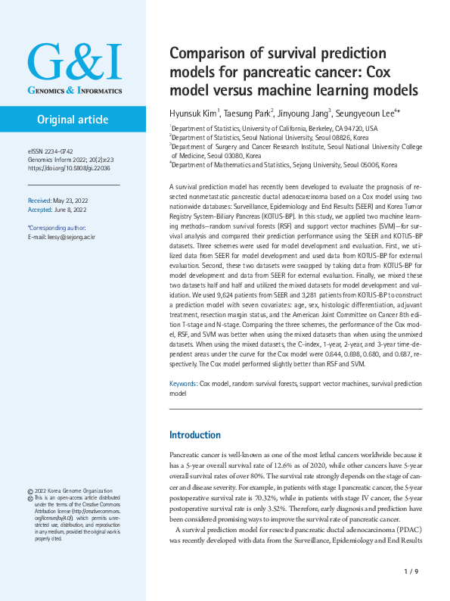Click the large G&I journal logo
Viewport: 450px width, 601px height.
coord(73,64)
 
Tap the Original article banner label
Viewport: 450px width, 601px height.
coord(73,120)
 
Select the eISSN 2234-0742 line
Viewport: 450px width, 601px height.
coord(50,151)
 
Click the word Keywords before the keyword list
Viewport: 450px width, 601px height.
coord(183,385)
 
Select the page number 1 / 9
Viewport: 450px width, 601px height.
coord(411,571)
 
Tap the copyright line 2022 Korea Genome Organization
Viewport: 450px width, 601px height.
coord(74,470)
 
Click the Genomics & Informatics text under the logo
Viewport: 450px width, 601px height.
coord(74,90)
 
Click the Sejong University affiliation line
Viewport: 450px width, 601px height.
coord(284,163)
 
